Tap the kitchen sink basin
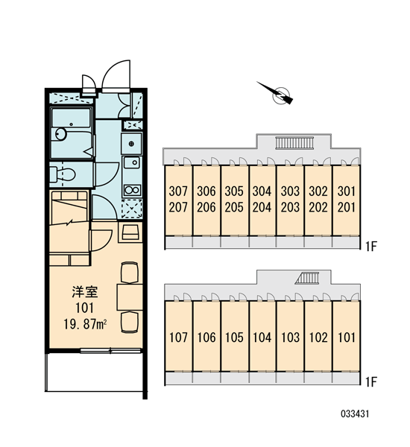point(132,163)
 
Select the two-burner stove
point(132,189)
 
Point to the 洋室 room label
point(85,291)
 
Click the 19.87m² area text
point(85,324)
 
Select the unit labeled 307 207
point(178,200)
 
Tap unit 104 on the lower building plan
point(262,337)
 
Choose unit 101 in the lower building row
point(346,337)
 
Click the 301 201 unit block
point(346,200)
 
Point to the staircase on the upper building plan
point(294,142)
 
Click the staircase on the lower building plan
point(307,278)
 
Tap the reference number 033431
point(355,413)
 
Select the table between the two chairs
point(130,297)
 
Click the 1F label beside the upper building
point(371,247)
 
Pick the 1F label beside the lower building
point(371,382)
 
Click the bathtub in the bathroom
point(72,133)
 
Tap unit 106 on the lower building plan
point(206,337)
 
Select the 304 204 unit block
point(262,200)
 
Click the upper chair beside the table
point(130,273)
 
